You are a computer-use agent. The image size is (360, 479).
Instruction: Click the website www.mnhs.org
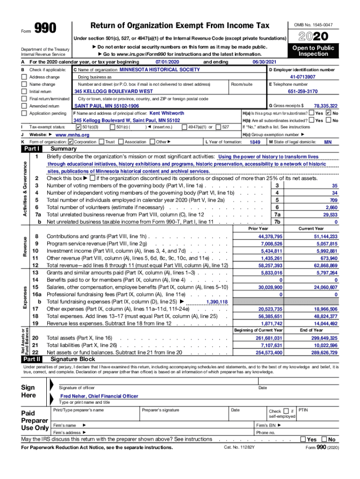[x=72, y=135]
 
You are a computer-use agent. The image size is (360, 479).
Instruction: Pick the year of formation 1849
[x=255, y=142]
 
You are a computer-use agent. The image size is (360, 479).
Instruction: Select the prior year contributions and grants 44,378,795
[x=270, y=237]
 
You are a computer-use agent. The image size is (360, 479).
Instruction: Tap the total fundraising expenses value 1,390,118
[x=217, y=302]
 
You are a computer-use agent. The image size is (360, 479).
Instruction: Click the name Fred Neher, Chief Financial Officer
[x=99, y=396]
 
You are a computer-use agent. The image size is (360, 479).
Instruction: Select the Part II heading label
[x=32, y=359]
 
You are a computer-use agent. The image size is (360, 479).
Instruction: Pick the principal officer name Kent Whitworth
[x=166, y=113]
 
